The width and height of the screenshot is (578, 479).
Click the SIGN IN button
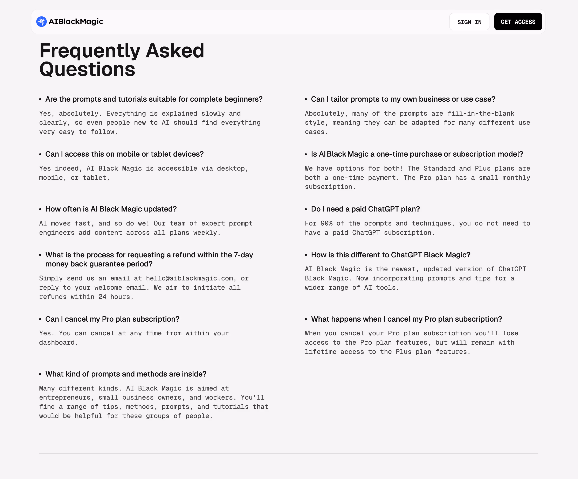(469, 22)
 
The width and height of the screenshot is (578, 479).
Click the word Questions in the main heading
(87, 69)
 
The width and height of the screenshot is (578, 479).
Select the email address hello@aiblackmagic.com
(189, 278)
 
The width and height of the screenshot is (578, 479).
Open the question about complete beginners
(154, 99)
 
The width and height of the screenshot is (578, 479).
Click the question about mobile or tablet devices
(124, 154)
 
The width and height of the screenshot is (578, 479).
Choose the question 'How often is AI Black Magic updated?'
(111, 209)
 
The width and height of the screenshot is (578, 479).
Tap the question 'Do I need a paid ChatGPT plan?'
(365, 209)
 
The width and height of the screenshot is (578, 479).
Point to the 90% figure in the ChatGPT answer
(326, 223)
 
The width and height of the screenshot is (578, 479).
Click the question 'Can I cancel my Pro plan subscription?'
(112, 319)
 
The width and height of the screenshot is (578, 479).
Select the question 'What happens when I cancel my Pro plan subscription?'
(406, 319)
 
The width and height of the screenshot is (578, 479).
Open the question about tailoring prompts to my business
(403, 99)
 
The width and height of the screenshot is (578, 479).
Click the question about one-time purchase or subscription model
(417, 154)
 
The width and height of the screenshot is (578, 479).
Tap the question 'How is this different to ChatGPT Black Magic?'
(391, 255)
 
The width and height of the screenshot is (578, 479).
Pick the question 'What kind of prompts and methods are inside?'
(126, 374)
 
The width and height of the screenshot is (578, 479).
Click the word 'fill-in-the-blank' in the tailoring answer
(481, 114)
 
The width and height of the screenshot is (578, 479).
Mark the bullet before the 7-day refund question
(40, 255)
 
